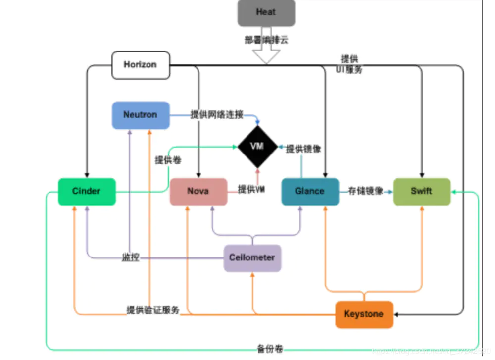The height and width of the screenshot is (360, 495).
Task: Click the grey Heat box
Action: (x=266, y=13)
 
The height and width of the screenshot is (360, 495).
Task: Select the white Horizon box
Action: (x=141, y=65)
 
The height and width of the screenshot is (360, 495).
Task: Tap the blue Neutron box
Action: (x=141, y=115)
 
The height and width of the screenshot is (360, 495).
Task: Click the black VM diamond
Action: (x=257, y=147)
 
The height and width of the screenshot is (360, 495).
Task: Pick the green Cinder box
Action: (x=87, y=191)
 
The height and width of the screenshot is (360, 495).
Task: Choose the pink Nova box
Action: (x=198, y=191)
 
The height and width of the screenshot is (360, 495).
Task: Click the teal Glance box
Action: (x=310, y=191)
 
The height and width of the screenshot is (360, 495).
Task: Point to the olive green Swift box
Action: (x=422, y=191)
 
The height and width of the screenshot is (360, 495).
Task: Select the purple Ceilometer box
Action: (x=252, y=257)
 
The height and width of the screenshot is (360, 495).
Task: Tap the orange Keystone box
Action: (x=364, y=314)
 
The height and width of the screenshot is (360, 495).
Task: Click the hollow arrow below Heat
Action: (x=266, y=54)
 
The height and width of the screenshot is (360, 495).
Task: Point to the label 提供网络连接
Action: (x=217, y=115)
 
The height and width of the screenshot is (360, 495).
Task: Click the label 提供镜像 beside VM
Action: (x=303, y=149)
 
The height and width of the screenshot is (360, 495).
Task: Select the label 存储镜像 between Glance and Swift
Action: (x=366, y=191)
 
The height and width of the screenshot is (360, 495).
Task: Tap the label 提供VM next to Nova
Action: (x=251, y=189)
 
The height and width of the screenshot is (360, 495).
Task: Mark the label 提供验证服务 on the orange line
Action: (x=152, y=310)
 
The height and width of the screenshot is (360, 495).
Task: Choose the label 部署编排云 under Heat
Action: (x=266, y=40)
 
